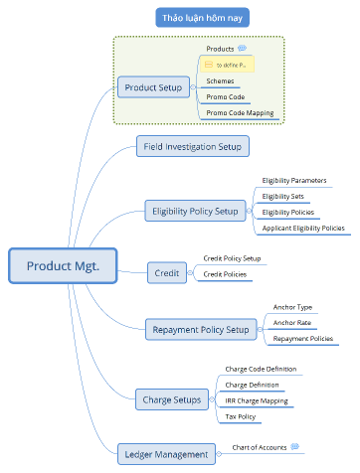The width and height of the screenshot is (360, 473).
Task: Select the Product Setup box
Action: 154,87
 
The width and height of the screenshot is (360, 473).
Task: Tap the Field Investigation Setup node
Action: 193,147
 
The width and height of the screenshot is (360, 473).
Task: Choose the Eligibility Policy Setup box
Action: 196,211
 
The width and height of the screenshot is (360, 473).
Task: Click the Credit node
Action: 168,271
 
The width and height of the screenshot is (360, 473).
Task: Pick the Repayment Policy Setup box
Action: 201,330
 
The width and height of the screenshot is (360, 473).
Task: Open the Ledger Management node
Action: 168,454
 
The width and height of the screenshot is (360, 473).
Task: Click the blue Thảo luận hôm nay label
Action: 203,17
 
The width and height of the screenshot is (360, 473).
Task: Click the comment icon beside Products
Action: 243,48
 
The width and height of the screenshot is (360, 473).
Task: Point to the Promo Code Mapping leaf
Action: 240,113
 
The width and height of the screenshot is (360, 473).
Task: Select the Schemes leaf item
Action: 221,80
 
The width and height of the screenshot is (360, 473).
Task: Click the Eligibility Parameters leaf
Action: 294,180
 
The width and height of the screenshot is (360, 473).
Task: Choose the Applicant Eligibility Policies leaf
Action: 303,228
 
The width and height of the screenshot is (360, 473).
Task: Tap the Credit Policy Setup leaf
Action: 232,257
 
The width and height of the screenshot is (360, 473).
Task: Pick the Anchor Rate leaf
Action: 291,322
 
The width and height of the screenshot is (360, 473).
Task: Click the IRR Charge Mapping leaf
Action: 257,400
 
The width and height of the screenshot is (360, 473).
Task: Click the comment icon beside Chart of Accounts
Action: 294,447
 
